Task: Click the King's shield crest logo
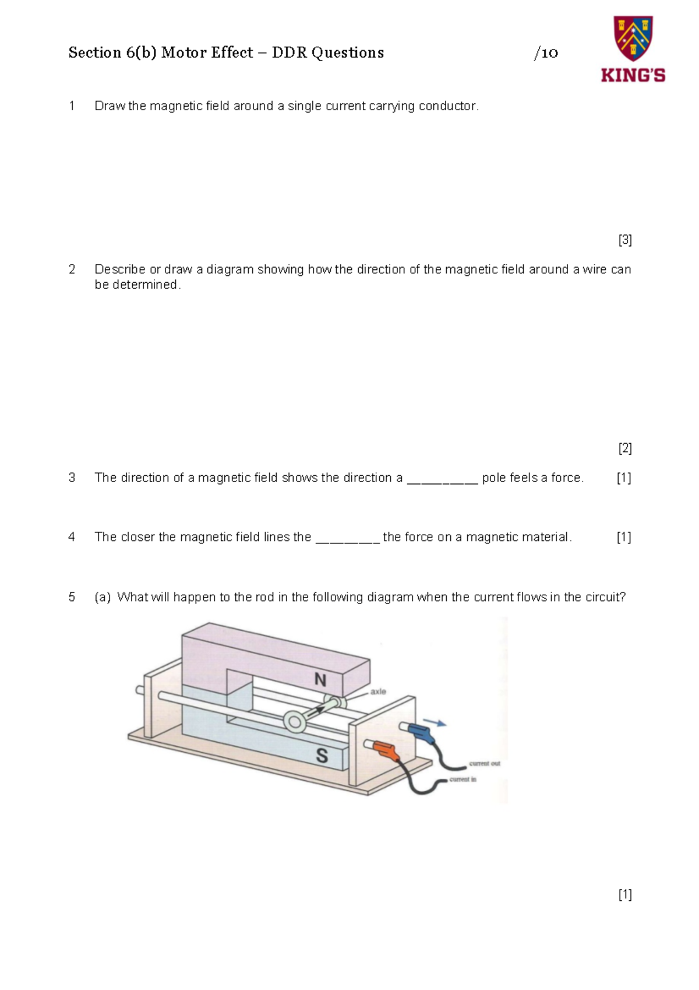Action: pos(633,38)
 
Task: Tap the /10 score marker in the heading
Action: pos(546,54)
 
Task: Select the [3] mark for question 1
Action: pos(625,240)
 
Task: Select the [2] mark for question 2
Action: pos(625,448)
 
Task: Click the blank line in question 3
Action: pos(442,481)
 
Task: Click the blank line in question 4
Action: pos(347,540)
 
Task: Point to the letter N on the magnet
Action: pos(320,679)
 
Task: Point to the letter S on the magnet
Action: pos(322,756)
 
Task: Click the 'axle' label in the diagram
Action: pos(378,691)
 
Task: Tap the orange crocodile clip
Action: pos(387,751)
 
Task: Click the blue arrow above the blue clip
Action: pos(435,722)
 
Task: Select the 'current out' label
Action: pos(485,763)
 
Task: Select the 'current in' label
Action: pos(463,780)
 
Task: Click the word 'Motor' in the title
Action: pos(178,53)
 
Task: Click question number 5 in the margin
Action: pos(72,597)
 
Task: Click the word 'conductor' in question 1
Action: pos(448,106)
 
